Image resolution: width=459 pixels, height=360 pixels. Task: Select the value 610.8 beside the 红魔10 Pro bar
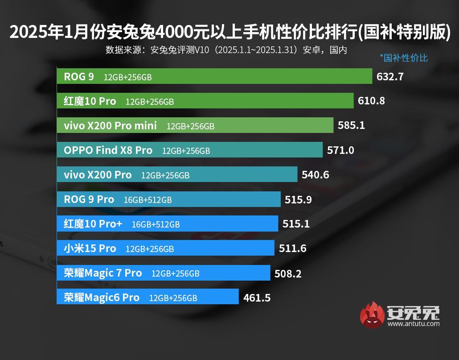[x=371, y=101]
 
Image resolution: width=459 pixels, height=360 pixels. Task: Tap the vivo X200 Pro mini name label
[x=110, y=126]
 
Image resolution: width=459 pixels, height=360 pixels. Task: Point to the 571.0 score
[x=340, y=150]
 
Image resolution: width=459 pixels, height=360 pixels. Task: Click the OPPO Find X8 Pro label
[x=108, y=150]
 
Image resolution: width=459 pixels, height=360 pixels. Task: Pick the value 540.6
[x=315, y=175]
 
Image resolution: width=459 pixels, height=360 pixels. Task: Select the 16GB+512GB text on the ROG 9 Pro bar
[x=148, y=200]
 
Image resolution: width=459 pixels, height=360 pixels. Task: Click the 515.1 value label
[x=296, y=224]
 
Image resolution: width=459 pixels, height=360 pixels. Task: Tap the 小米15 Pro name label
[x=90, y=248]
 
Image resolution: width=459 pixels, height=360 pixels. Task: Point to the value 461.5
[x=257, y=298]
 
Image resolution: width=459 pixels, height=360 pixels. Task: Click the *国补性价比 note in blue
[x=404, y=58]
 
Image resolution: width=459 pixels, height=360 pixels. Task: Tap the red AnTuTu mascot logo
[x=372, y=314]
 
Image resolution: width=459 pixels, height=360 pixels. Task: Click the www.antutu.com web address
[x=413, y=324]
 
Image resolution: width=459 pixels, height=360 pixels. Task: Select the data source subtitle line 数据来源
[x=226, y=50]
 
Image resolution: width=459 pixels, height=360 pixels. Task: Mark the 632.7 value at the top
[x=390, y=77]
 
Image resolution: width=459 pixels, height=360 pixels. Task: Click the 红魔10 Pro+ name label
[x=93, y=224]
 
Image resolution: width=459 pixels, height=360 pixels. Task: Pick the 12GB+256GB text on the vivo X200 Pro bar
[x=165, y=175]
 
